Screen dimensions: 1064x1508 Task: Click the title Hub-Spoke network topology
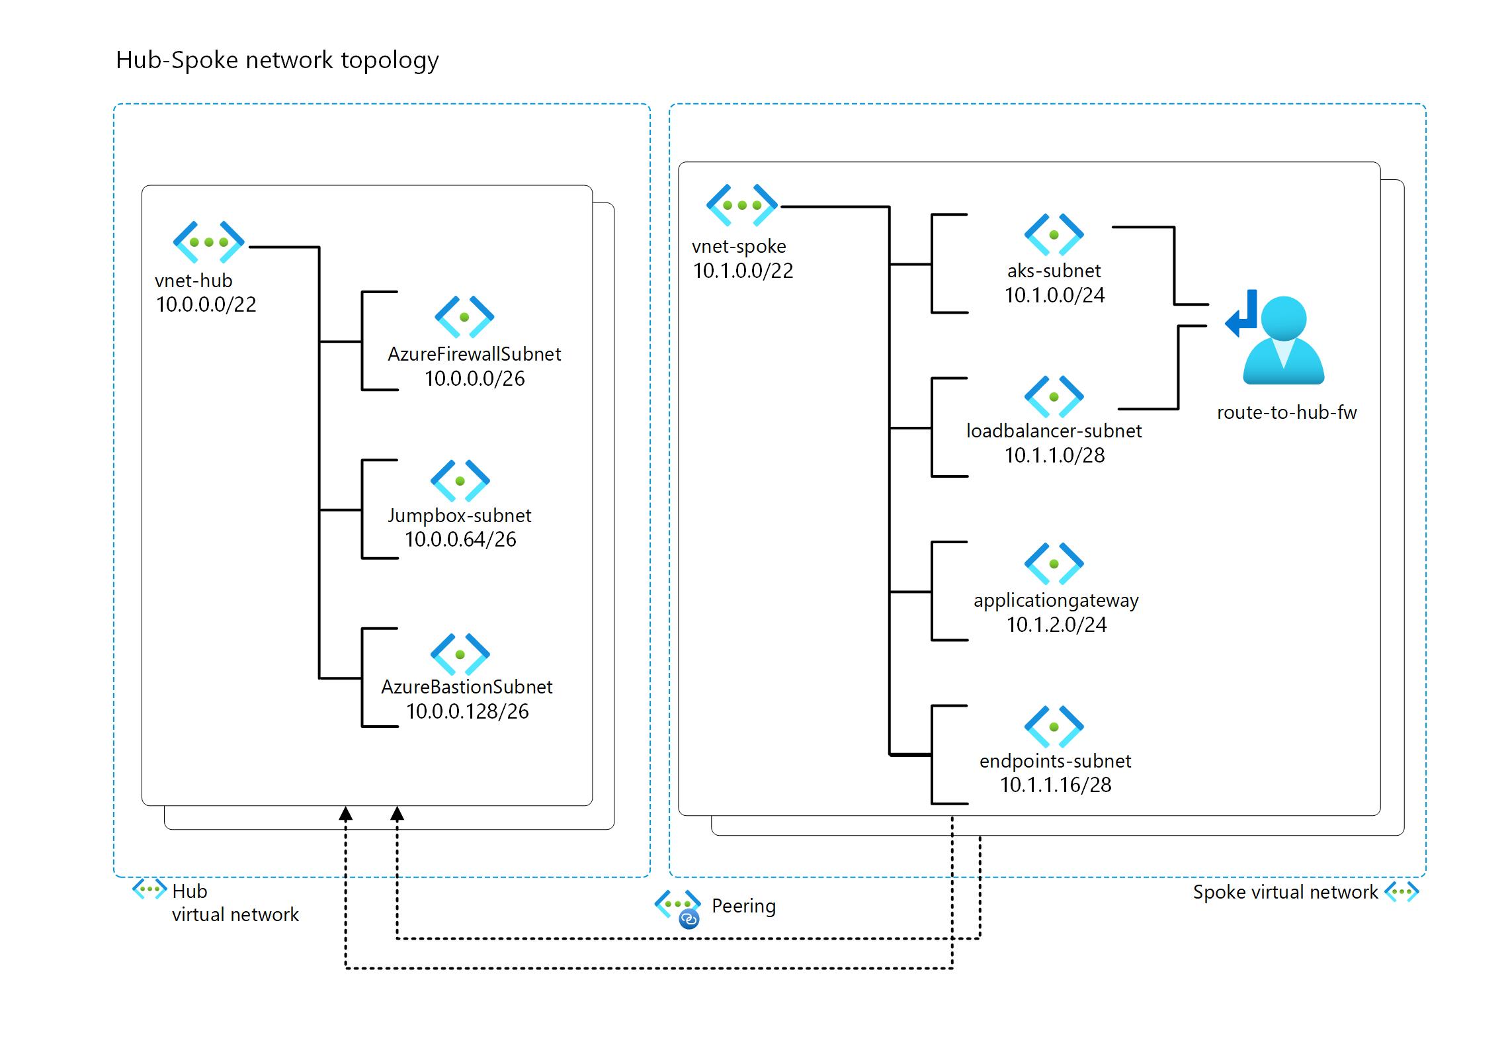click(x=277, y=60)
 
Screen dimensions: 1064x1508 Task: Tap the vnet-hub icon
click(x=208, y=242)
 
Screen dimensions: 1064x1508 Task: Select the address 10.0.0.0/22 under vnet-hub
click(x=206, y=304)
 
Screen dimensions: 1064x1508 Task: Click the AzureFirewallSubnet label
click(x=474, y=354)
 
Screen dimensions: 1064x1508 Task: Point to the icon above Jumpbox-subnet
click(x=460, y=481)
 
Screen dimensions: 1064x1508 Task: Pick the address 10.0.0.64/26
click(x=460, y=539)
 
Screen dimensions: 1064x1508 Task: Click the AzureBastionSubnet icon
click(x=460, y=654)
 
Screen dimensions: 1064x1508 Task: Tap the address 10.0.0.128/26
click(x=467, y=711)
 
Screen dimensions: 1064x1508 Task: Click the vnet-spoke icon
click(x=741, y=205)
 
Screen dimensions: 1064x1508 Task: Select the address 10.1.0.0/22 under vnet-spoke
click(x=743, y=271)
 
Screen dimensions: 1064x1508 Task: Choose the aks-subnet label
click(x=1054, y=271)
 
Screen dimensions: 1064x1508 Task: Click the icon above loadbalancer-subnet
click(x=1054, y=397)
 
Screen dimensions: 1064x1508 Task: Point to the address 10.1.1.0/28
click(x=1054, y=455)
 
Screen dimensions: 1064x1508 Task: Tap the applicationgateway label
click(x=1056, y=600)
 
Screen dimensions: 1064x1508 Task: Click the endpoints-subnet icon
click(x=1054, y=727)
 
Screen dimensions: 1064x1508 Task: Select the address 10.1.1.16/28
click(x=1056, y=785)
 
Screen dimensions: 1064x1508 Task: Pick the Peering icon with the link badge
click(x=679, y=908)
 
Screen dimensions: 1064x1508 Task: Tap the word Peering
click(x=743, y=906)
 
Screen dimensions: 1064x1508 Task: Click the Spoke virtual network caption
click(x=1285, y=892)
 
